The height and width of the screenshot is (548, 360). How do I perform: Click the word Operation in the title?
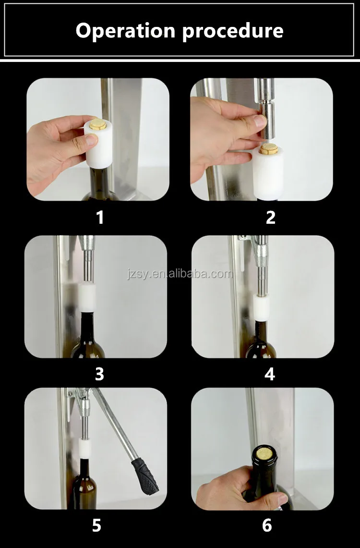click(125, 31)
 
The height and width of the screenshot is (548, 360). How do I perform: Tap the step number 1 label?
click(99, 218)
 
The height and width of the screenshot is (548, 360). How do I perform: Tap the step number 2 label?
click(270, 218)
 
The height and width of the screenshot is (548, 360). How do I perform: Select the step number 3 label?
click(99, 374)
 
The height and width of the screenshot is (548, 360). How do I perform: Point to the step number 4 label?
click(270, 374)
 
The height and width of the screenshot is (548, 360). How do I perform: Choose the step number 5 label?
click(96, 525)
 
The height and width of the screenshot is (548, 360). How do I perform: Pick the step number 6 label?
click(267, 525)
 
